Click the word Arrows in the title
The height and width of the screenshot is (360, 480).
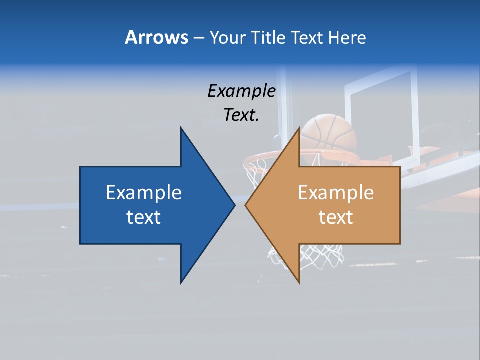156,37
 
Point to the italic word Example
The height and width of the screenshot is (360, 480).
241,91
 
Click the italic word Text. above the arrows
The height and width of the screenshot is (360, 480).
241,115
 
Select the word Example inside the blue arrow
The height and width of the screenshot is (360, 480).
144,192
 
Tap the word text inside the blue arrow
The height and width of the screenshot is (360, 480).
144,217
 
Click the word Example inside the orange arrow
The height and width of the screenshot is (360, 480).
336,192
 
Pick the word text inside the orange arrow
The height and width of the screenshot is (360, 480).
336,217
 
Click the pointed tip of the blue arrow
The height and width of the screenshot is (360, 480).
234,205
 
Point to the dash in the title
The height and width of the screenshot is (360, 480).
198,38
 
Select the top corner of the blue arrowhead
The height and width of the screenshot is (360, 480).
181,128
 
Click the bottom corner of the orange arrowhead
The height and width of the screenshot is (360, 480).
299,282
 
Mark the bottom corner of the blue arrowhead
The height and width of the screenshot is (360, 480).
181,282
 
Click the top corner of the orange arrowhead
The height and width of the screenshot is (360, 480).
299,128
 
